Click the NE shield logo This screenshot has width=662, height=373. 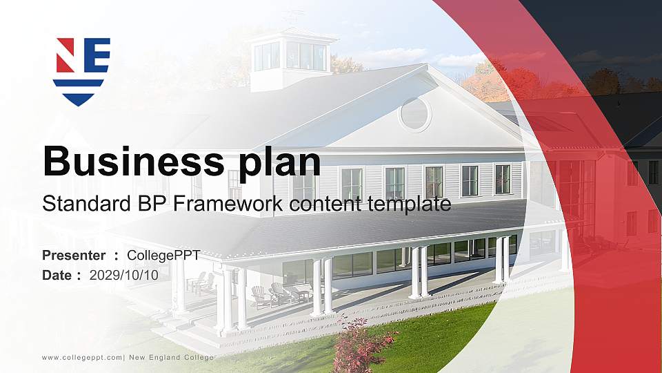click(x=82, y=70)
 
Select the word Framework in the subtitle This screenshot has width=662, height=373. click(x=237, y=204)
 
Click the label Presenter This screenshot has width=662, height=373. click(x=74, y=256)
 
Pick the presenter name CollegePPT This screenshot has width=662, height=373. click(x=163, y=256)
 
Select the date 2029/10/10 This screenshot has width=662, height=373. click(x=124, y=275)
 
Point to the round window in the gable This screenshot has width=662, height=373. click(x=414, y=114)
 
